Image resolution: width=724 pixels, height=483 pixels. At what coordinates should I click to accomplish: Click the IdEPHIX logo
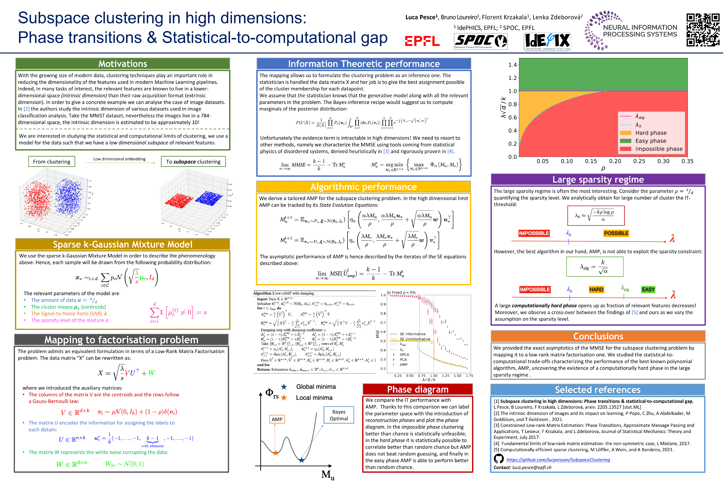547,41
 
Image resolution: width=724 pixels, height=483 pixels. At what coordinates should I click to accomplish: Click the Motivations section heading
123,64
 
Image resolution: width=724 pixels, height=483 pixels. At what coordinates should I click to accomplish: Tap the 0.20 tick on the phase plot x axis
615,161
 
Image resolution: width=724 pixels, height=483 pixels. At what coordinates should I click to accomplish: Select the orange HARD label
596,290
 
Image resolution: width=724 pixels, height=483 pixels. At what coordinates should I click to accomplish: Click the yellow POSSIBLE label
616,233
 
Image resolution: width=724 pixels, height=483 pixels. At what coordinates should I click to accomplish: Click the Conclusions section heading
598,336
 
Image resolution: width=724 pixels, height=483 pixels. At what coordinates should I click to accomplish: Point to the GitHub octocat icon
499,459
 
